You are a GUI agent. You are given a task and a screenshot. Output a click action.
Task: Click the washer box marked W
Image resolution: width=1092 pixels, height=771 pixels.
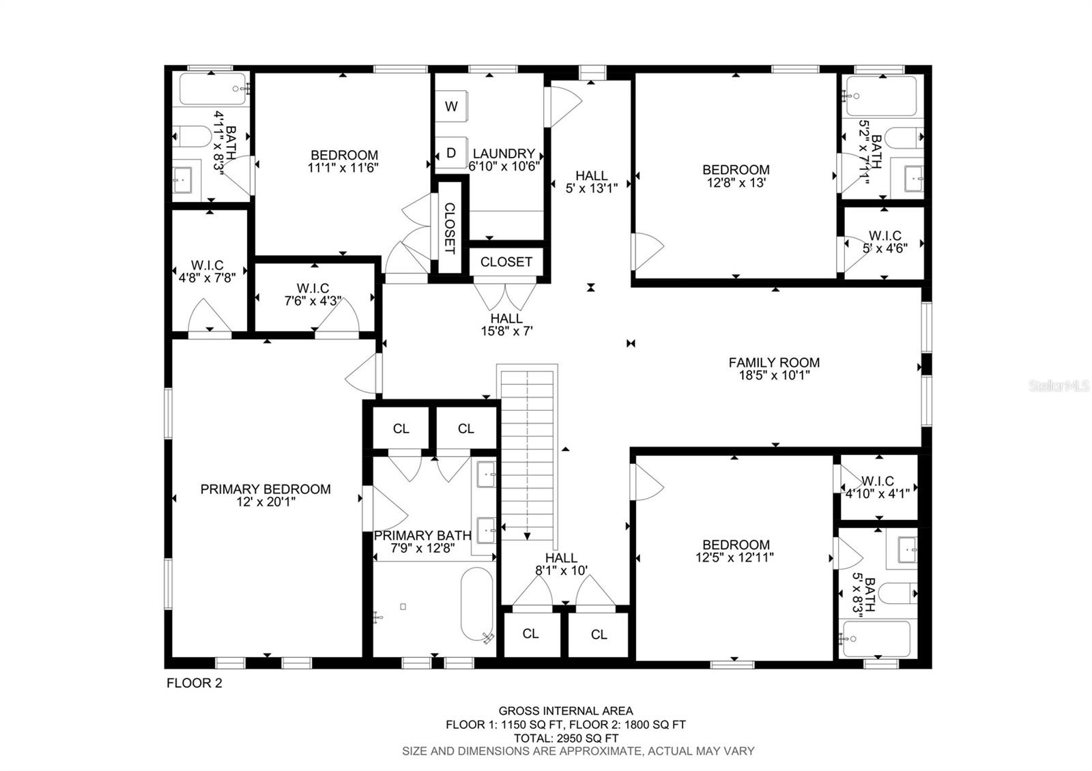click(450, 106)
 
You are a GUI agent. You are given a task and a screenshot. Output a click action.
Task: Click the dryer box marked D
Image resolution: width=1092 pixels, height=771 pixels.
click(450, 154)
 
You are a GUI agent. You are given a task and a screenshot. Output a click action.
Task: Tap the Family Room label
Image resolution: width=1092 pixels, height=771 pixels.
click(774, 363)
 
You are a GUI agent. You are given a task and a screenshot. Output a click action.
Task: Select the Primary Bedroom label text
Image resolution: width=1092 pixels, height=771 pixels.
click(265, 489)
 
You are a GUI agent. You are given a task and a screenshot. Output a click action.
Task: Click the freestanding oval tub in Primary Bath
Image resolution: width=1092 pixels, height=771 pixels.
click(477, 605)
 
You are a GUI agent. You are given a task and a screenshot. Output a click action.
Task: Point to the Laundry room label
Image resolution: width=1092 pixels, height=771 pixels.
click(504, 154)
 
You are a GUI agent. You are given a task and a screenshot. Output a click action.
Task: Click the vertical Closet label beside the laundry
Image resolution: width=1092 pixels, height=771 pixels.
click(450, 228)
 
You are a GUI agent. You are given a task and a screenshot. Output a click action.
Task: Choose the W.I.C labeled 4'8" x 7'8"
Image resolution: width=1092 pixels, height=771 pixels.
click(207, 272)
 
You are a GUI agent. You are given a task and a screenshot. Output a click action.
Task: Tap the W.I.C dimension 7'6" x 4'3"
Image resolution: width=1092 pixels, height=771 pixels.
click(313, 301)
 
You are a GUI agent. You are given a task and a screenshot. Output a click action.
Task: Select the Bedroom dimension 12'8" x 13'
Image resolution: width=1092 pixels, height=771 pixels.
click(736, 183)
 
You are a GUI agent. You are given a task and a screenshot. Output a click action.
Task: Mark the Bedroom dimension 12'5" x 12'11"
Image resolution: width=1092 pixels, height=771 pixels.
click(736, 557)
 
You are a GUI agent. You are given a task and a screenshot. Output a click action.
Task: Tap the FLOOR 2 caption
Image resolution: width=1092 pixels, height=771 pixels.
click(195, 683)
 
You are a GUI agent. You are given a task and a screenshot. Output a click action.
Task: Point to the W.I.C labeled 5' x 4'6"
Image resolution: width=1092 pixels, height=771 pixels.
click(885, 242)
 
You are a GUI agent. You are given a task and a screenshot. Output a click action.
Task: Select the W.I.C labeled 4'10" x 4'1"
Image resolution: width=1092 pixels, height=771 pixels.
click(877, 487)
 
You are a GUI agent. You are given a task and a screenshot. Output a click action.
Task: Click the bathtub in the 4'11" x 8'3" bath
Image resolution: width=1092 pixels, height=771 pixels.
click(211, 89)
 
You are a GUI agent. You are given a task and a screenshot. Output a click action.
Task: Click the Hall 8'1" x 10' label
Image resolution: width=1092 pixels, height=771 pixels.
click(561, 564)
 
